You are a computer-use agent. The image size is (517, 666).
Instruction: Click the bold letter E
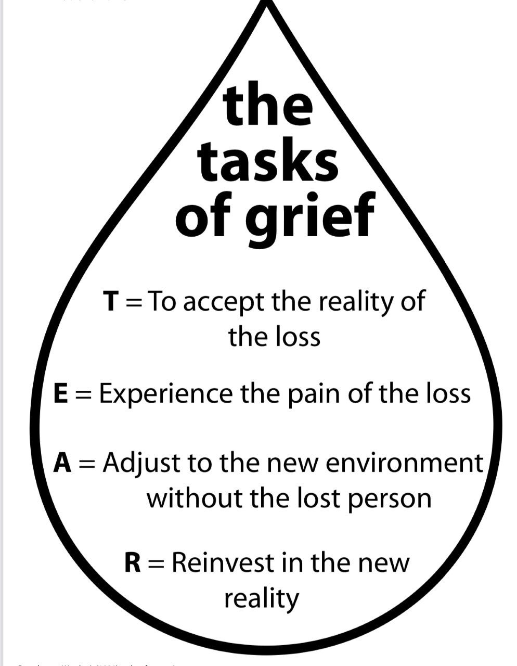[61, 393]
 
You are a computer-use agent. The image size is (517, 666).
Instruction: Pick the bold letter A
[62, 463]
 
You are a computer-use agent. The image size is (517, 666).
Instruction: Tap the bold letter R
[133, 563]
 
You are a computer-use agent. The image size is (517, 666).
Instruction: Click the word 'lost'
[317, 498]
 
